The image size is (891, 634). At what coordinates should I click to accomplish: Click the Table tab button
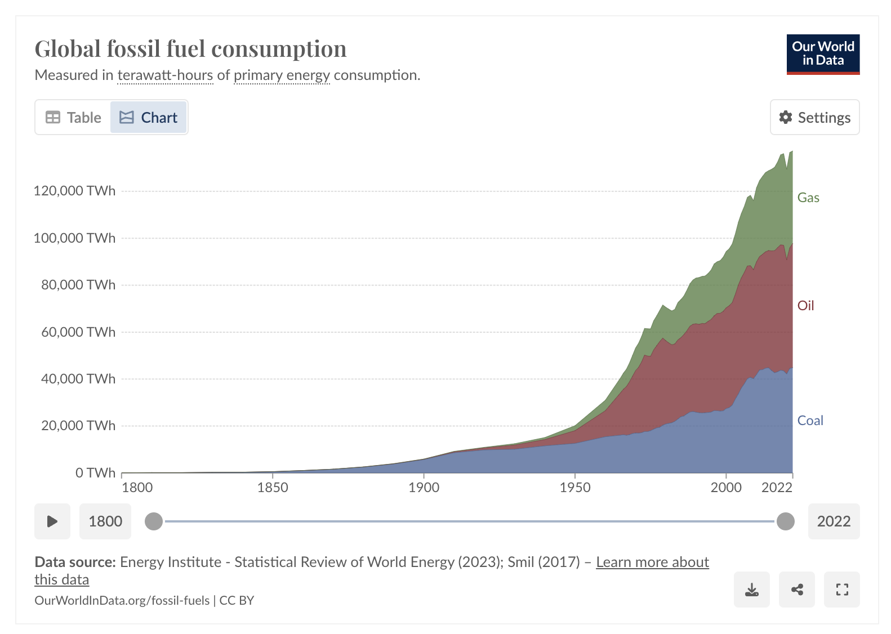coord(73,117)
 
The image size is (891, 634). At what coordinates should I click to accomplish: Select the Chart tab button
coord(148,117)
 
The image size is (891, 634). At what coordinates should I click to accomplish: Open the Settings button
coord(814,117)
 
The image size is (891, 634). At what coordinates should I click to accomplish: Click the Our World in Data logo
coord(823,54)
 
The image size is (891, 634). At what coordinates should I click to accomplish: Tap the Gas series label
coord(808,198)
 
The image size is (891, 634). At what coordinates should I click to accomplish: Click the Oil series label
coord(805,306)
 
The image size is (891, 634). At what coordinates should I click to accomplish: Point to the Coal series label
coord(810,421)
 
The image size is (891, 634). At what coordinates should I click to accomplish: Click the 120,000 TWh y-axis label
coord(74,191)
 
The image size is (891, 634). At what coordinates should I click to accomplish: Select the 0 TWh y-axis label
coord(95,472)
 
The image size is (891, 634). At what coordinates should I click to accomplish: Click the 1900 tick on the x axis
coord(424,488)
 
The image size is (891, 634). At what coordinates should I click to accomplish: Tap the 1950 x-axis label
coord(575,488)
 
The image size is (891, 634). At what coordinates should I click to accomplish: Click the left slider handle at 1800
coord(154,521)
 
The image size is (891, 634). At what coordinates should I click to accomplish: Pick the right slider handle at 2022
coord(785,521)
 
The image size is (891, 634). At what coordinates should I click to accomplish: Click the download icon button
coord(751,590)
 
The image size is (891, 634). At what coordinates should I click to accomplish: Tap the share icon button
coord(796,590)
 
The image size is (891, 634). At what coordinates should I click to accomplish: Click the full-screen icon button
coord(841,590)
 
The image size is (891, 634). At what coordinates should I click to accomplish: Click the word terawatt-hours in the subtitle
coord(165,75)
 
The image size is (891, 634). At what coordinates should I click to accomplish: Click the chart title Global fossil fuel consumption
coord(190,49)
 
